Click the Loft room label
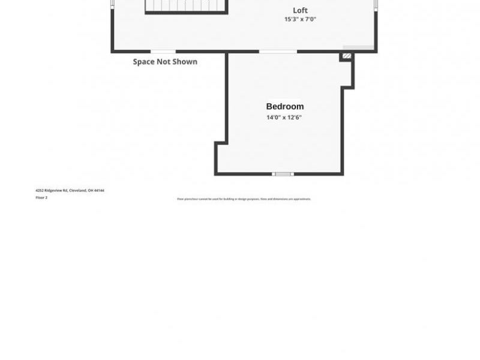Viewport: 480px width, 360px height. (x=300, y=10)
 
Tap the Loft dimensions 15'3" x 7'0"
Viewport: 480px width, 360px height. (x=300, y=20)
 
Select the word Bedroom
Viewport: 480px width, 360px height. (x=285, y=107)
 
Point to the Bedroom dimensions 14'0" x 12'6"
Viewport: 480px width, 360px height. (x=284, y=118)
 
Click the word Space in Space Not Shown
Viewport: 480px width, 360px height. (x=143, y=61)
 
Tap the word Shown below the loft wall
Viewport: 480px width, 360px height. (x=185, y=61)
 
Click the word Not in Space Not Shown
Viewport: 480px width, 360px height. (x=164, y=61)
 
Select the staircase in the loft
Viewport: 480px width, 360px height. (x=186, y=6)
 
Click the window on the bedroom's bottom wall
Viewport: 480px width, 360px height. (x=283, y=174)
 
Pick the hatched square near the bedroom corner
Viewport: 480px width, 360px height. (x=346, y=56)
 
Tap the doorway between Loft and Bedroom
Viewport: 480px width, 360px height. (x=278, y=52)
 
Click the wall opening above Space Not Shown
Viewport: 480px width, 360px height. (x=163, y=52)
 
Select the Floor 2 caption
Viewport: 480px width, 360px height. (x=41, y=197)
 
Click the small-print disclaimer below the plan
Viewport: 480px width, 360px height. (x=244, y=199)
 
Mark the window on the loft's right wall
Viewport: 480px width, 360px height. (x=376, y=4)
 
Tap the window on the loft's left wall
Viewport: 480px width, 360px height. (x=112, y=4)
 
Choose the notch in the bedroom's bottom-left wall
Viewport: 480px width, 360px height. (x=221, y=143)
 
